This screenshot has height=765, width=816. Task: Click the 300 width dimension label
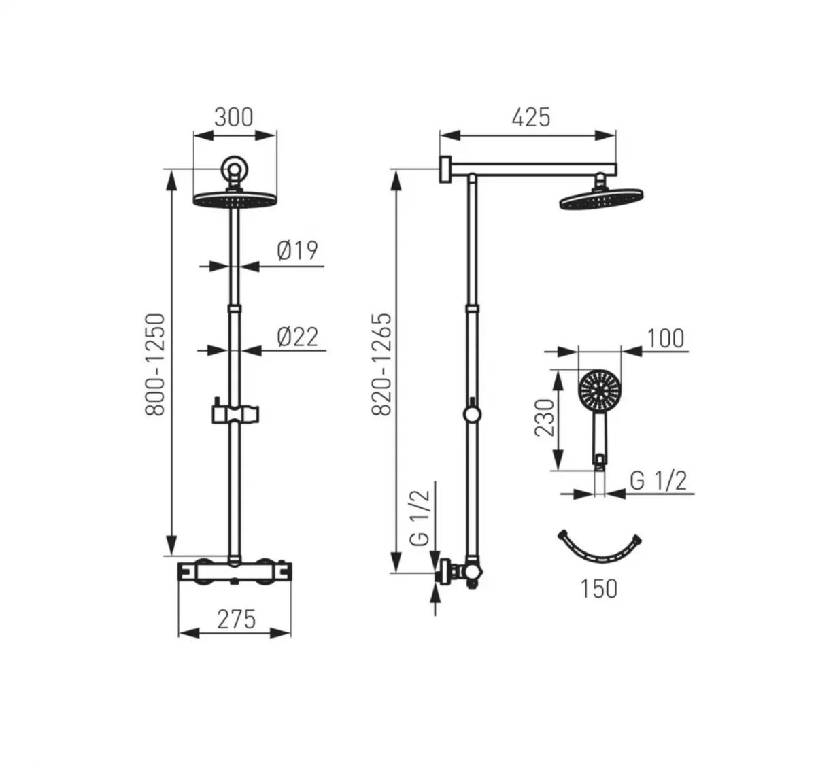pos(233,117)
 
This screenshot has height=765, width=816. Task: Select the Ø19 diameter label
pos(297,250)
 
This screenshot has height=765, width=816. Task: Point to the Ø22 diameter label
pos(297,336)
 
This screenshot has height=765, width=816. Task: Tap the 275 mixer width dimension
pos(236,619)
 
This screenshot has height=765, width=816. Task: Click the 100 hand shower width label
pos(666,338)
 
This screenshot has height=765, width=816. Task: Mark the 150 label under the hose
pos(598,588)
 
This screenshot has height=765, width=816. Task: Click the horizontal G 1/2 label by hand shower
pos(658,481)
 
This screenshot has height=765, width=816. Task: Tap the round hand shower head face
pos(598,391)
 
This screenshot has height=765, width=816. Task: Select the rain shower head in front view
pos(235,200)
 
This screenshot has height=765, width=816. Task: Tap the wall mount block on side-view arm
pos(445,170)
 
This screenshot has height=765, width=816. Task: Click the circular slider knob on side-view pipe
pos(471,414)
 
